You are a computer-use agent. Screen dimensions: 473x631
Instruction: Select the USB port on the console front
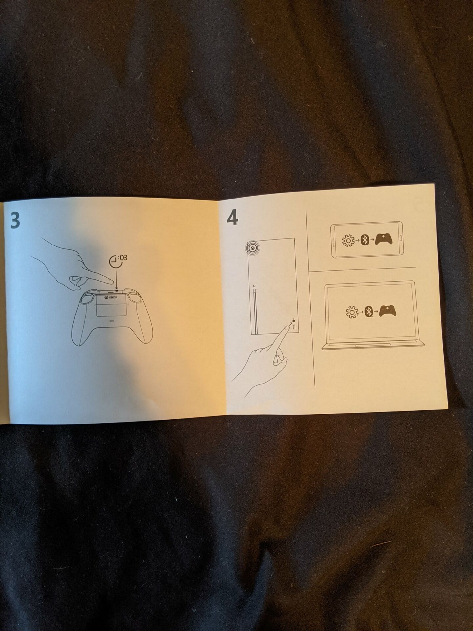click(x=294, y=328)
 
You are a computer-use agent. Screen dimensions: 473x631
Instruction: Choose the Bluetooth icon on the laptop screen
click(x=369, y=311)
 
